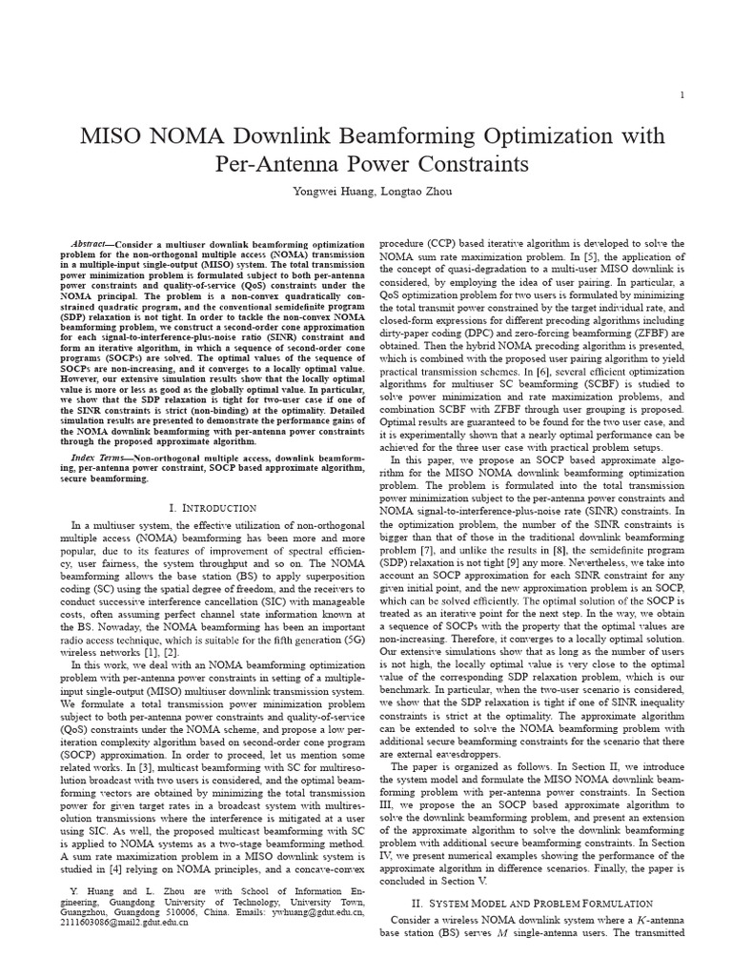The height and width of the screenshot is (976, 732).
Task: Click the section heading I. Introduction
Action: pyautogui.click(x=212, y=508)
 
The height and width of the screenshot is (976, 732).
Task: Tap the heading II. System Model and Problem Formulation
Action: pyautogui.click(x=531, y=902)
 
